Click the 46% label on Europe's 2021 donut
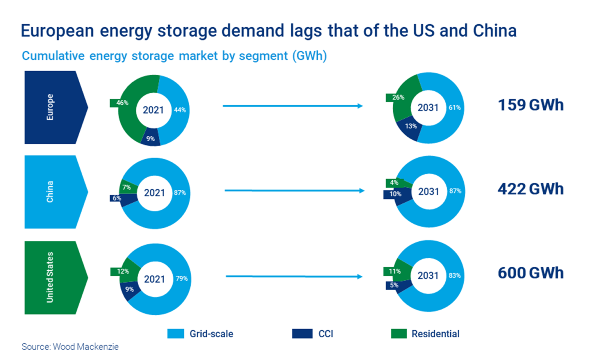click(x=122, y=103)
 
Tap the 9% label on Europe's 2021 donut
click(x=150, y=139)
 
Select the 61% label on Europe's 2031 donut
click(x=454, y=107)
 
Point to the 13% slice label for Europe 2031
click(x=411, y=126)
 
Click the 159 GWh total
click(x=530, y=105)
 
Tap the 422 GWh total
click(x=530, y=189)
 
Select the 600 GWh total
click(x=530, y=273)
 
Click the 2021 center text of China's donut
click(x=154, y=193)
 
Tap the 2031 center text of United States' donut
click(x=428, y=276)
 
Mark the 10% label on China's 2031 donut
click(x=395, y=194)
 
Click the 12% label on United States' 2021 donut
click(x=123, y=271)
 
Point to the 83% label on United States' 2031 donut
click(x=454, y=276)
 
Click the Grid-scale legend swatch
click(x=175, y=334)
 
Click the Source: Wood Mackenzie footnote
click(x=70, y=347)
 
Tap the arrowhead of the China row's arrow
click(x=361, y=191)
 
